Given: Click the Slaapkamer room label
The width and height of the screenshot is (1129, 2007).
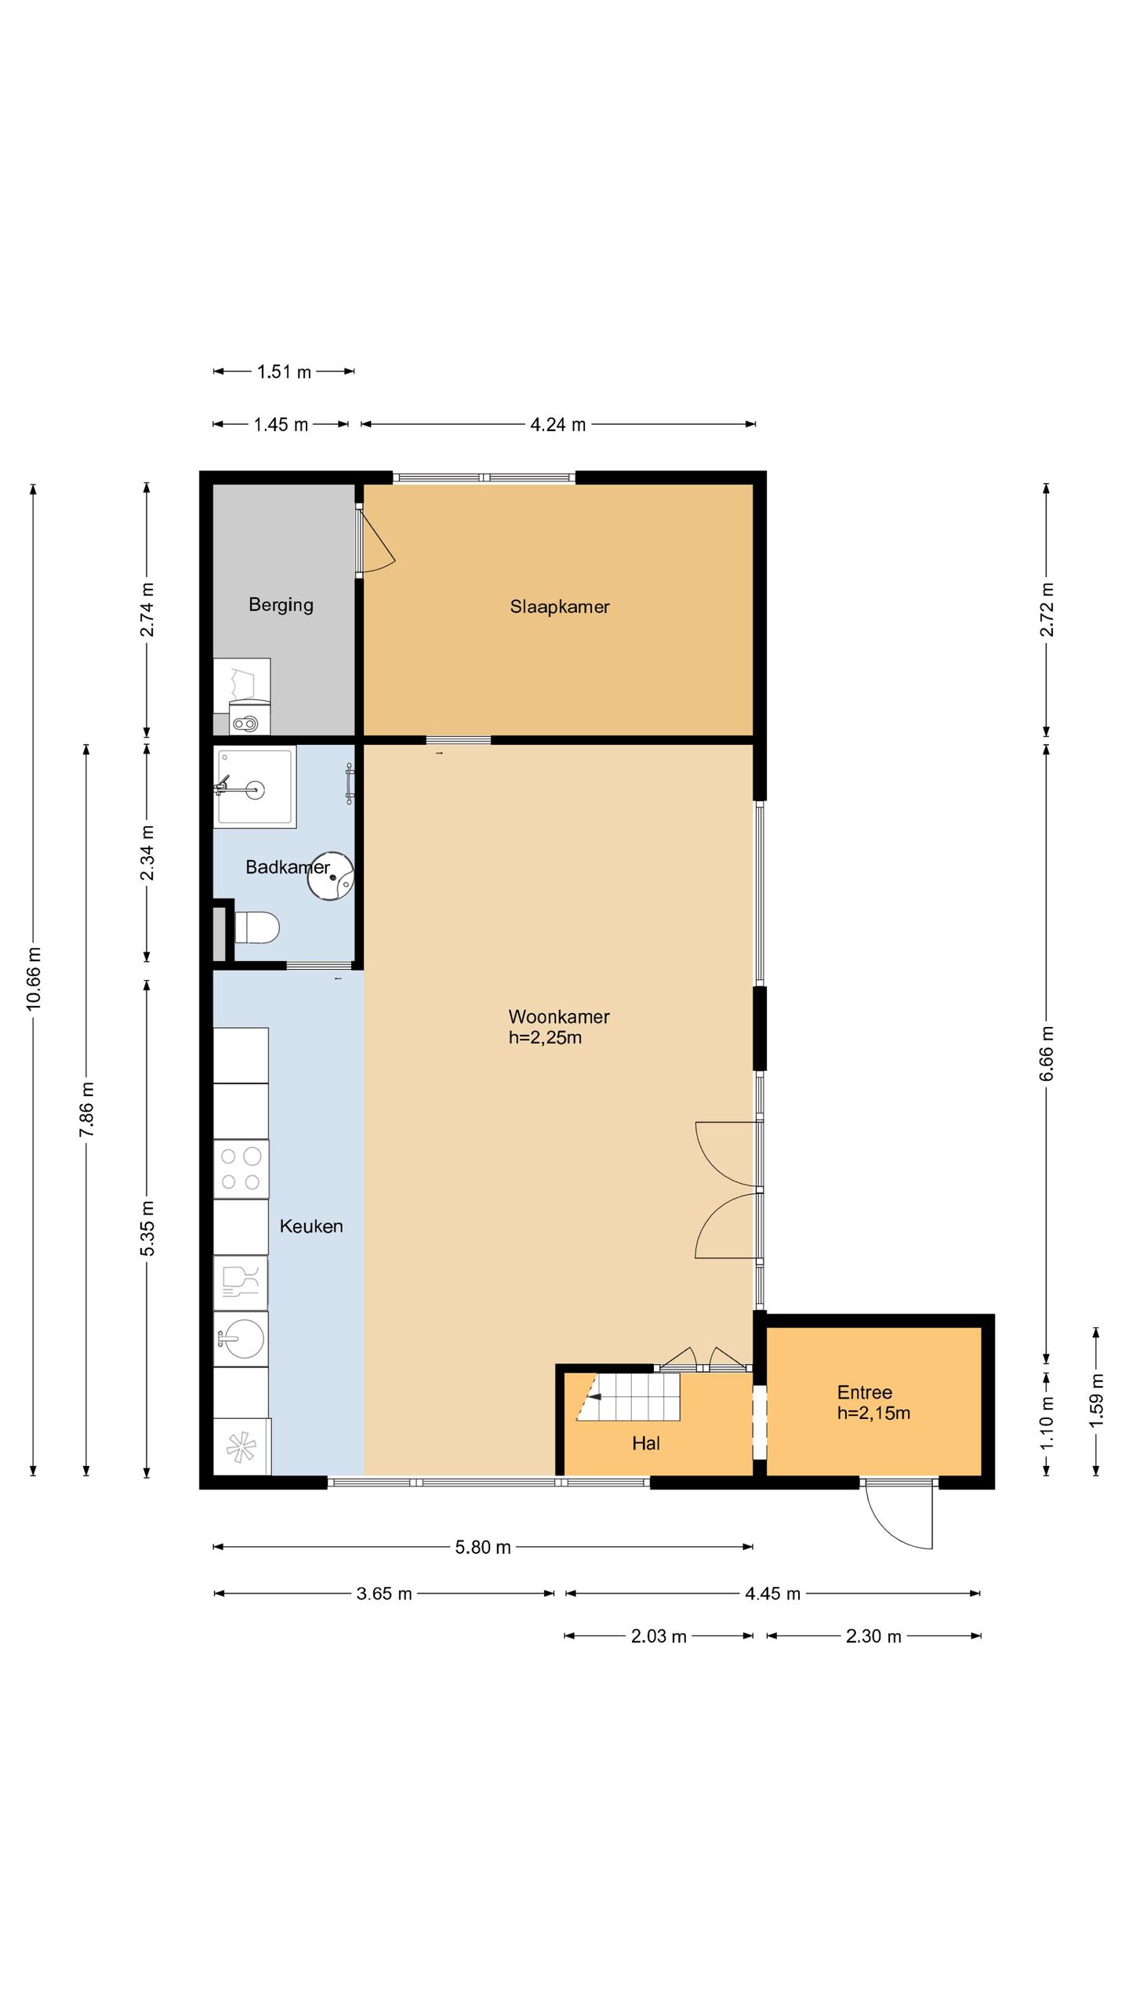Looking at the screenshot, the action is pos(560,607).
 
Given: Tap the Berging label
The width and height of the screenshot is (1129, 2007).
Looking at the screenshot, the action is pos(281,605).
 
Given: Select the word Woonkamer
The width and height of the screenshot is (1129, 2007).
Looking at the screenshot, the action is pos(559,1017).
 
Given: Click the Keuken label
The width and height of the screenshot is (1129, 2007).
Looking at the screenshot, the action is pos(311,1226).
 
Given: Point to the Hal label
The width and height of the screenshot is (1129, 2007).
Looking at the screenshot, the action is pos(646,1443).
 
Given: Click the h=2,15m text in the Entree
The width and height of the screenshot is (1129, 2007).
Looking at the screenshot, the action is pos(873,1414).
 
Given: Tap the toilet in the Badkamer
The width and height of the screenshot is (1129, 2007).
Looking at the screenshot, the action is pos(257,927).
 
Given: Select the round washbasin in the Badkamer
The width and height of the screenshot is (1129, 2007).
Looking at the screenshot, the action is pos(330,876).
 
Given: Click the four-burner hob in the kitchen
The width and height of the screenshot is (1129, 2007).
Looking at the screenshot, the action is pos(241,1169).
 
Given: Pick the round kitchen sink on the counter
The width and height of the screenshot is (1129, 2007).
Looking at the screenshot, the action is pos(241,1339).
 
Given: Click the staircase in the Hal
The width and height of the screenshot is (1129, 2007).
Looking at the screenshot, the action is pos(628,1396).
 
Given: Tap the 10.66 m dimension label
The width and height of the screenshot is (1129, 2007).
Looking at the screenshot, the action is pos(34,979).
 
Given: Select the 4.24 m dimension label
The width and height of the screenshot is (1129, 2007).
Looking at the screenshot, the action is pos(558,425).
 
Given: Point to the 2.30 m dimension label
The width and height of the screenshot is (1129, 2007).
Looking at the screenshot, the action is pos(873,1637).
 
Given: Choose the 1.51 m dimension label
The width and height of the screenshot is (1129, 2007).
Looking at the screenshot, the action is pos(284,372).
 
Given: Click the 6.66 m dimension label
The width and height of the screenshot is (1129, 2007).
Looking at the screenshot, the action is pos(1047,1054).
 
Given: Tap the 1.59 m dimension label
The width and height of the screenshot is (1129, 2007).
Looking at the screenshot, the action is pos(1097,1399).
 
